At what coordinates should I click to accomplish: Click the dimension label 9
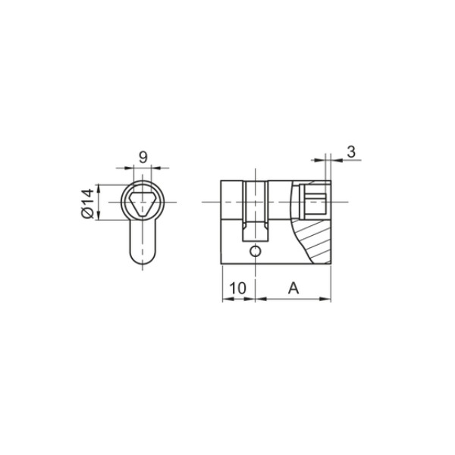click(143, 157)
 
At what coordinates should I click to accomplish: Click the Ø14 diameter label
click(88, 203)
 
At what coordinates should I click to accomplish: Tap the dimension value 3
click(351, 152)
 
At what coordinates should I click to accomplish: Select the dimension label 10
click(237, 288)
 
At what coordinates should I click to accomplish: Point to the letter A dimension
click(293, 288)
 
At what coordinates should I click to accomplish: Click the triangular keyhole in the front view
click(143, 204)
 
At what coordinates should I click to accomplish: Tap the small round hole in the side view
click(256, 251)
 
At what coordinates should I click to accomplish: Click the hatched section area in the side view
click(315, 241)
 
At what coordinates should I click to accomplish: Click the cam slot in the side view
click(256, 211)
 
